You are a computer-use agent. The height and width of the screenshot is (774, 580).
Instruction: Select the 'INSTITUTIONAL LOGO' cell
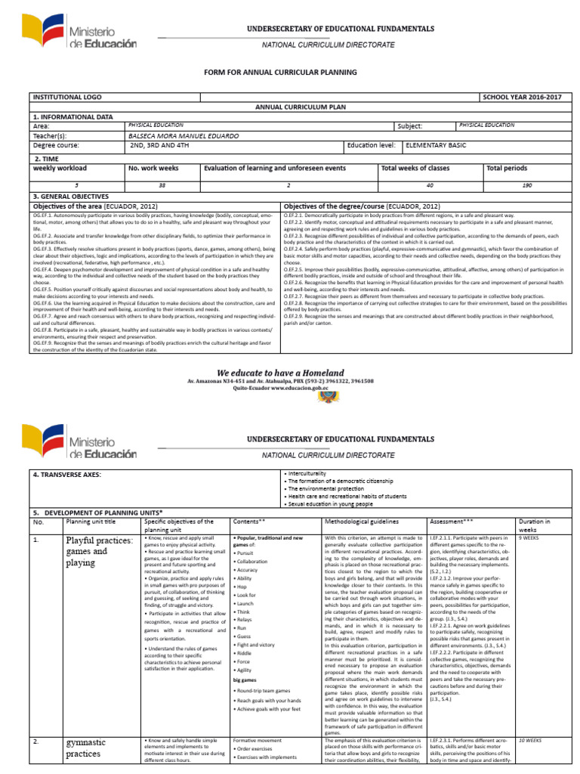[x=66, y=98]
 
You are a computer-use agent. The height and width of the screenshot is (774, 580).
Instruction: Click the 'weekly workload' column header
[x=60, y=168]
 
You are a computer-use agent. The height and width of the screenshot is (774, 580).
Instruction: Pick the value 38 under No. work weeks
[x=162, y=184]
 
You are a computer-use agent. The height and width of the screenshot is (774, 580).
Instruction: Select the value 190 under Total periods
[x=526, y=184]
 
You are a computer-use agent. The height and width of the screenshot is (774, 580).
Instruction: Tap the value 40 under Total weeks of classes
[x=430, y=184]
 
